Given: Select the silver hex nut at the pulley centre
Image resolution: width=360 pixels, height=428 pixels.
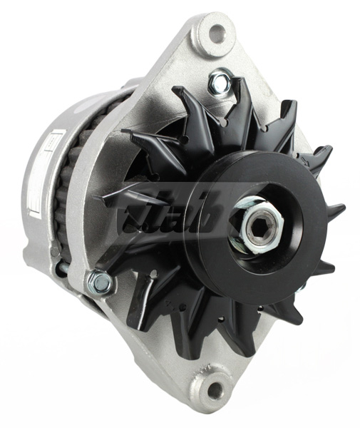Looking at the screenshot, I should [x=255, y=229].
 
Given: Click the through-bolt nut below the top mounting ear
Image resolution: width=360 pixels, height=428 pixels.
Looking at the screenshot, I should [x=220, y=84].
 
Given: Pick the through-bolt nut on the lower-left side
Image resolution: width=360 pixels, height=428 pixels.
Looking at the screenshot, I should [x=100, y=284].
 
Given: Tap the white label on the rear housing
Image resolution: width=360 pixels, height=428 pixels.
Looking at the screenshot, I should [x=36, y=171].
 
